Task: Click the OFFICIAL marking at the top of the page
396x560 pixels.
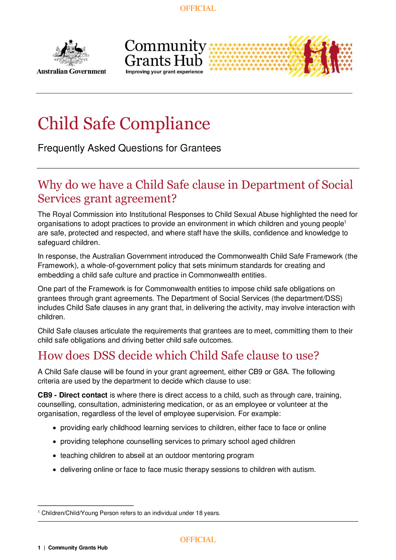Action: point(198,8)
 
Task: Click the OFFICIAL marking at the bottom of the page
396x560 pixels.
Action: point(198,540)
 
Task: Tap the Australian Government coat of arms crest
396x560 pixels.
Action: point(71,53)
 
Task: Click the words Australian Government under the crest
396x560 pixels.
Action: point(71,72)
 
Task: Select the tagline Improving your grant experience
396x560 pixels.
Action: point(164,72)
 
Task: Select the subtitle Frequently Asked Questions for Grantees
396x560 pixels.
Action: point(129,148)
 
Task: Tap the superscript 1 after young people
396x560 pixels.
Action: point(345,222)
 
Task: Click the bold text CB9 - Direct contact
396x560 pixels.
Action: point(72,395)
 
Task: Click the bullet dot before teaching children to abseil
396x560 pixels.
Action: point(55,456)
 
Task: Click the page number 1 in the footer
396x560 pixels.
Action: point(39,548)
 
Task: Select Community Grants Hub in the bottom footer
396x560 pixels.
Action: point(78,548)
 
